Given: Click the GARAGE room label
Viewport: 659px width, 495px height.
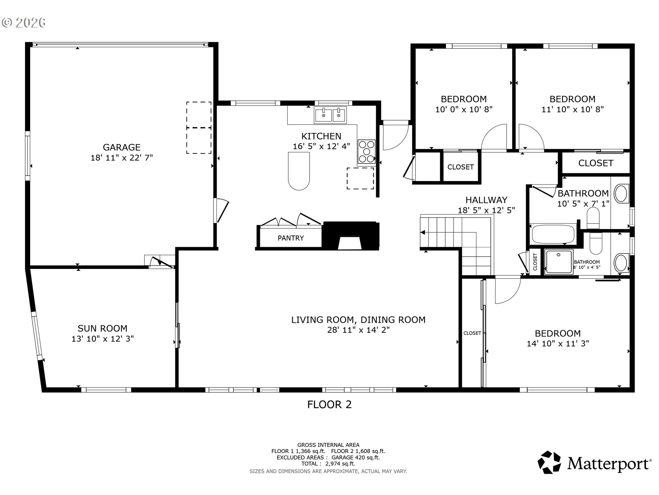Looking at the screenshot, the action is pos(122,147).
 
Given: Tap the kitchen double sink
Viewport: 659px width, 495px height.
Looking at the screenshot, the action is pos(331,115).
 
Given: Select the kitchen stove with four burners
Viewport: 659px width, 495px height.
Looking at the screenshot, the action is pos(367,151).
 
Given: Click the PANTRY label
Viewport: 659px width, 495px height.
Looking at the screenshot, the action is pos(291,238).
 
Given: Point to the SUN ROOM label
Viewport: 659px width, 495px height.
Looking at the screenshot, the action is pos(102,328).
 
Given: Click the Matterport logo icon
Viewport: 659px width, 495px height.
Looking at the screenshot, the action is pos(549,462).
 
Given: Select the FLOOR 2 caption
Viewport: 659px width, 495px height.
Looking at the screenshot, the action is pos(329,405).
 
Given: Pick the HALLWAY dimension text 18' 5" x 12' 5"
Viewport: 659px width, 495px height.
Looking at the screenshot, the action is pos(486,210).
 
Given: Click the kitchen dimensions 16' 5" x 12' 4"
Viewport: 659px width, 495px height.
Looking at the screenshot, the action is pos(321,146).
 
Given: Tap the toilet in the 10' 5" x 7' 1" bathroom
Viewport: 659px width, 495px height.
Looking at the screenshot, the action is pos(593,218).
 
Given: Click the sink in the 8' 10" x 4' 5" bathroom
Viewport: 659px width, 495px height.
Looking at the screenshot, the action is pos(621,263).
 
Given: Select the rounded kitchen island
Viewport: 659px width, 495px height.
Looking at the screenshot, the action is pos(299,171).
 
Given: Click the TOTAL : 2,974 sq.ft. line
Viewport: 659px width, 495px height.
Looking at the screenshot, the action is pos(328,464).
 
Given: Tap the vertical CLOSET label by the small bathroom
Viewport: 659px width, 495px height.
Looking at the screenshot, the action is pos(535,262).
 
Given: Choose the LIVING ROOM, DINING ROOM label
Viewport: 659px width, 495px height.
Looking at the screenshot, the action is pos(358,320).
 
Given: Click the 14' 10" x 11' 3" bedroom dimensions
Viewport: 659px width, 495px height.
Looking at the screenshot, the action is pos(558,343).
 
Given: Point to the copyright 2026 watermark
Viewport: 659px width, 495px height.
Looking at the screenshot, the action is pos(24,23).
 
